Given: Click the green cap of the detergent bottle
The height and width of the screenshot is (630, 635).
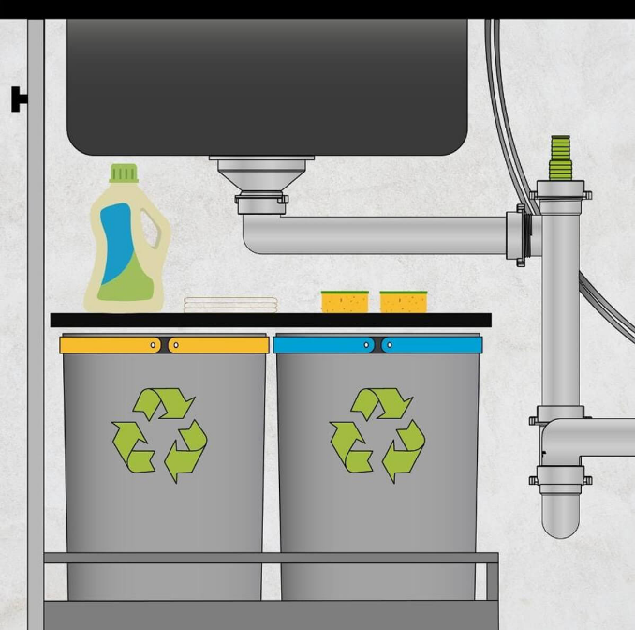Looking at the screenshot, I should point(124,173).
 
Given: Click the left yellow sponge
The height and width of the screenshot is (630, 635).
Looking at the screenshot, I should point(345,301).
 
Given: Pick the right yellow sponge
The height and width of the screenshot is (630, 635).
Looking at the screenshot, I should point(404,301).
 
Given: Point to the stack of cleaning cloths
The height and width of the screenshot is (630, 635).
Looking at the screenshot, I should point(230,304).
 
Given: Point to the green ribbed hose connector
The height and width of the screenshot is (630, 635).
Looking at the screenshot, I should point(560,157).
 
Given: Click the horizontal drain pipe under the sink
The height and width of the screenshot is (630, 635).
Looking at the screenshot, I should point(375,234).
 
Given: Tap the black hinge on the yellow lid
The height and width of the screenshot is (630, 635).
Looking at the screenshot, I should point(165,345).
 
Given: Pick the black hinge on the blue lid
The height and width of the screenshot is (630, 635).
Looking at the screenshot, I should point(377,345).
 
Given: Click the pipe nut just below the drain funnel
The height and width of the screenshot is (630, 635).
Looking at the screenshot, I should point(261,199).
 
